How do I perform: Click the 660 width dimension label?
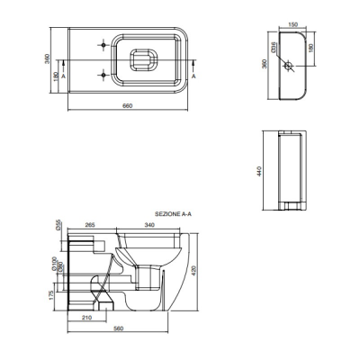(x=128, y=105)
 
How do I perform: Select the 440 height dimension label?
(x=259, y=171)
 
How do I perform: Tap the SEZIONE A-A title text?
(x=173, y=214)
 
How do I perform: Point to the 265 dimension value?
(x=90, y=225)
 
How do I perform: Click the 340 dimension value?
(x=149, y=225)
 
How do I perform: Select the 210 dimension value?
(x=87, y=318)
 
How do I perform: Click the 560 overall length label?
(x=119, y=328)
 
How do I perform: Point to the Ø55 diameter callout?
(x=58, y=225)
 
